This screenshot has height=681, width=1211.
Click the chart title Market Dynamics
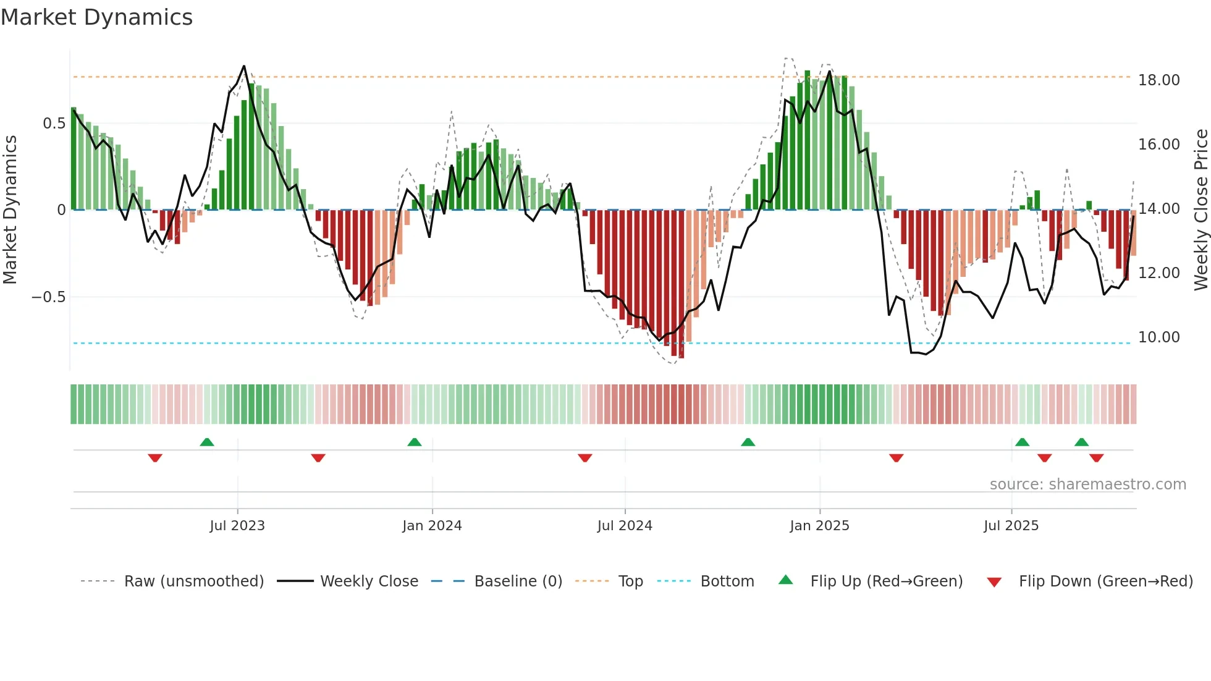[x=97, y=17]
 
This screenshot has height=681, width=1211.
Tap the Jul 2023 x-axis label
[x=237, y=526]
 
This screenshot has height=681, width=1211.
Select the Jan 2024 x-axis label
[x=432, y=526]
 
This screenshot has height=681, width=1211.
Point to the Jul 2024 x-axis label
[x=625, y=526]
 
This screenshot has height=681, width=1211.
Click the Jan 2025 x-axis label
[x=819, y=526]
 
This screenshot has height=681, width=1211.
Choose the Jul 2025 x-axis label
[x=1011, y=526]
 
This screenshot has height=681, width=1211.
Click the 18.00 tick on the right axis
[x=1158, y=80]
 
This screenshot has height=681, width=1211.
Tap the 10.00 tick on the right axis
[x=1158, y=337]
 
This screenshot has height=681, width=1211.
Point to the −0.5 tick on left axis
[x=48, y=297]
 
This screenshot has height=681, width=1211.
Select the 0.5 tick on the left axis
[x=54, y=124]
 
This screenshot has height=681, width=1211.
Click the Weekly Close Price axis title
[x=1200, y=209]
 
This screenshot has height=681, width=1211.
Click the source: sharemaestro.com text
[x=1087, y=484]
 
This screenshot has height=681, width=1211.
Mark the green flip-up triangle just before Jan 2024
[x=415, y=442]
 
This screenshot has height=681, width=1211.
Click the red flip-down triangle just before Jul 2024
[x=585, y=458]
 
